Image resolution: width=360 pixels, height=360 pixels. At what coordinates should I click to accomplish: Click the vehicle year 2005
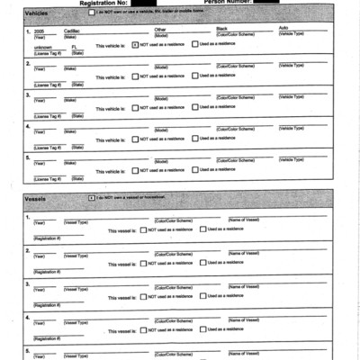pos(40,30)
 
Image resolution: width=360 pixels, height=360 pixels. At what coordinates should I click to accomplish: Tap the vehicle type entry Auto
pos(284,29)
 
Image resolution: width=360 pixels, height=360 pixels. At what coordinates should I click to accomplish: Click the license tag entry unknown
pos(43,43)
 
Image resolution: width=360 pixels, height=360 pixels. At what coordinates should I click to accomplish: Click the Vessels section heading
pos(37,198)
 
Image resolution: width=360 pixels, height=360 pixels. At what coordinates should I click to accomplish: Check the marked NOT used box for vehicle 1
pos(134,44)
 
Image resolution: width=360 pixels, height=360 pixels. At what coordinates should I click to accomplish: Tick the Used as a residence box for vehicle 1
pos(194,44)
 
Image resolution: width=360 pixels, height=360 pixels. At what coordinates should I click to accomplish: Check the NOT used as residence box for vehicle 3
pos(134,108)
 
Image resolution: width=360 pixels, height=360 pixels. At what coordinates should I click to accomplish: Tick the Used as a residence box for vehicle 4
pos(194,139)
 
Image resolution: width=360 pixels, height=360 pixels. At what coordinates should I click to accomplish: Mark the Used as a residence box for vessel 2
pos(202,263)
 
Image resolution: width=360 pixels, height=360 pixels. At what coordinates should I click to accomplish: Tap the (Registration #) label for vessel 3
pos(48,305)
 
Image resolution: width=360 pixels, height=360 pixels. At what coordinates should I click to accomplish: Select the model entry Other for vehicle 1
pos(160,29)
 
